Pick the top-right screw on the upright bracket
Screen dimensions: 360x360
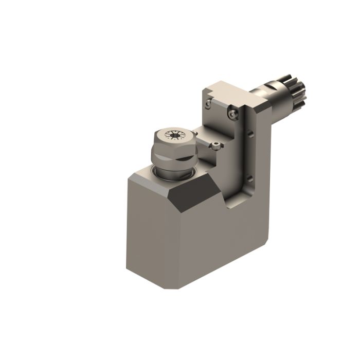coord(234,112)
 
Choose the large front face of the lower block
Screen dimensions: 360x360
coord(216,242)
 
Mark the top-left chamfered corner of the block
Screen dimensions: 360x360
coord(133,177)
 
